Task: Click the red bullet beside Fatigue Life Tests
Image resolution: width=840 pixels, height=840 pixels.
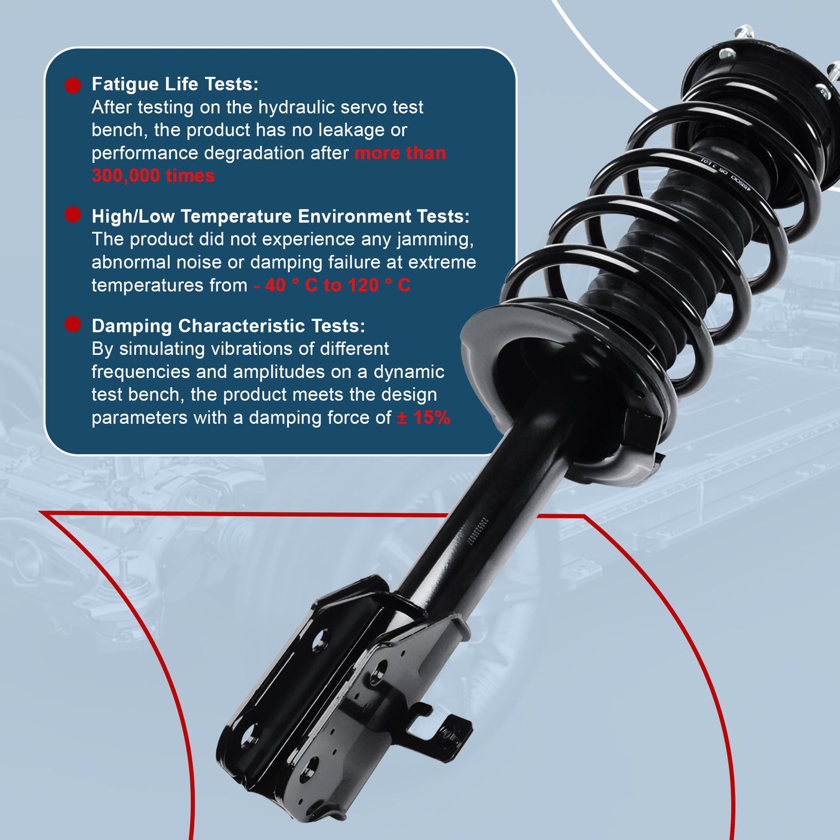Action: tap(73, 85)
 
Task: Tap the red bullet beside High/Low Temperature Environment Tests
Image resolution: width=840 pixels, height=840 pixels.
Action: tap(73, 215)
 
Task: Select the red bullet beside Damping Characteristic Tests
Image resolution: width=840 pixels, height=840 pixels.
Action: tap(73, 324)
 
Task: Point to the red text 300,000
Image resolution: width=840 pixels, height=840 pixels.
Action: tap(121, 176)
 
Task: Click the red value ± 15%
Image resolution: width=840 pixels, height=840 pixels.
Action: tap(423, 417)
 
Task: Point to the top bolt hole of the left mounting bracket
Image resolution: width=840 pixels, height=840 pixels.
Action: tap(319, 639)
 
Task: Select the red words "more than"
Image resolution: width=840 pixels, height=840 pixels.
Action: tap(400, 153)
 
